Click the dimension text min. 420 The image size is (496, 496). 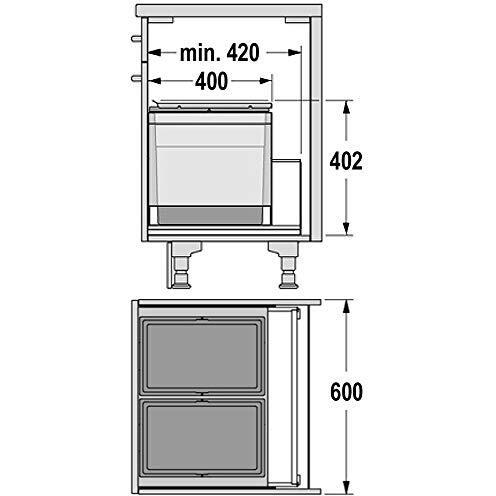pos(219,53)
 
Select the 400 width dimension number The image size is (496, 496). pos(211,81)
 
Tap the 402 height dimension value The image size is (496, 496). pos(346,161)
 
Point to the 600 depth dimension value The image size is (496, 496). pos(346,392)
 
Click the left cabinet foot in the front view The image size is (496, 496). pos(182,265)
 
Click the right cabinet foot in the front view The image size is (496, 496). pos(285,265)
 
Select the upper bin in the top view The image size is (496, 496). pos(202,355)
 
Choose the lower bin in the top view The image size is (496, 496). pos(202,437)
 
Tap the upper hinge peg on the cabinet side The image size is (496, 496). pos(137,39)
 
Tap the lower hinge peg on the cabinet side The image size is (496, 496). pos(137,79)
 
